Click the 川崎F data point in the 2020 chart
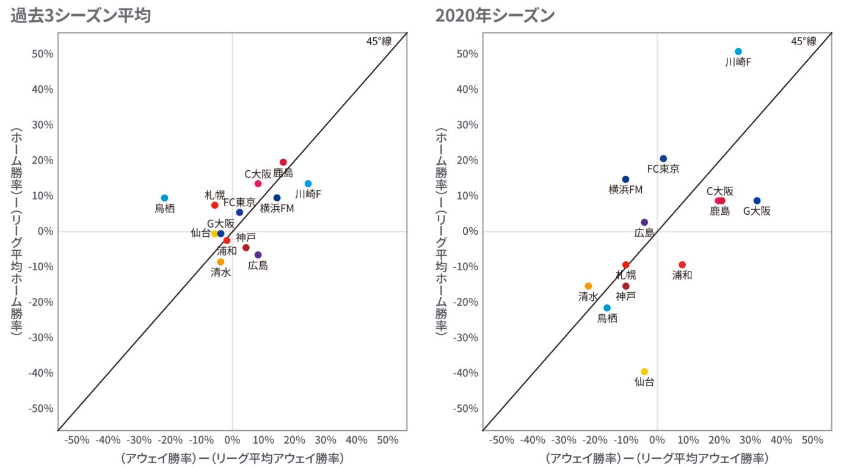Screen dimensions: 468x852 [x=738, y=52]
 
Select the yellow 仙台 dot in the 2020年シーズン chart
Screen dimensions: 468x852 [x=644, y=372]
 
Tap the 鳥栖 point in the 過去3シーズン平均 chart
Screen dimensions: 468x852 [x=164, y=198]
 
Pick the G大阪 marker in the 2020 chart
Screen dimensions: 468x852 [x=757, y=201]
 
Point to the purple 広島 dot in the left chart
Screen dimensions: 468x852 [x=258, y=254]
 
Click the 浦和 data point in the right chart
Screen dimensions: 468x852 [x=682, y=265]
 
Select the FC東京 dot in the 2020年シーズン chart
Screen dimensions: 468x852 [x=663, y=159]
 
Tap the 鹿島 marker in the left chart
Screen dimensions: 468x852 [x=283, y=162]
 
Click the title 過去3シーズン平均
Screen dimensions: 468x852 [x=81, y=16]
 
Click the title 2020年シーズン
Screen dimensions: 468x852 [x=495, y=16]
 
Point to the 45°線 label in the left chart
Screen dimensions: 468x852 [x=379, y=41]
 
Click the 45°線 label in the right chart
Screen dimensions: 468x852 [x=804, y=41]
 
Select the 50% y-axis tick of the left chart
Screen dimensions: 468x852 [x=41, y=54]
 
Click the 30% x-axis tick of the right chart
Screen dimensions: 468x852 [x=750, y=441]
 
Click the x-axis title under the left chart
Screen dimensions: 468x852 [x=232, y=458]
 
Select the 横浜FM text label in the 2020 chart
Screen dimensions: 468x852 [x=625, y=190]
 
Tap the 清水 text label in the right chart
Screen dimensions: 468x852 [x=588, y=297]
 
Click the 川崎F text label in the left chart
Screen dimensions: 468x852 [x=308, y=194]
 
